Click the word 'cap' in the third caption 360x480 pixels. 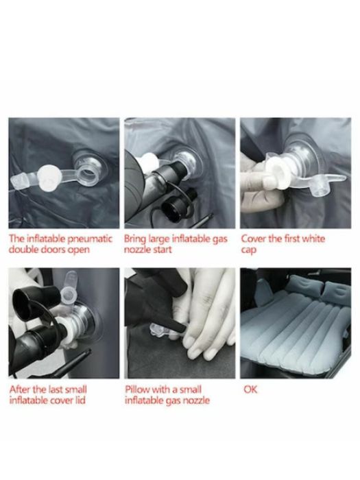pos(248,250)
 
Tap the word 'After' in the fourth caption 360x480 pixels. pos(20,389)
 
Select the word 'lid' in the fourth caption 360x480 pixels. pos(80,400)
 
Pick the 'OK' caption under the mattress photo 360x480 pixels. pos(250,389)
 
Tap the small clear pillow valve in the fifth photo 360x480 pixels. pos(159,331)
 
